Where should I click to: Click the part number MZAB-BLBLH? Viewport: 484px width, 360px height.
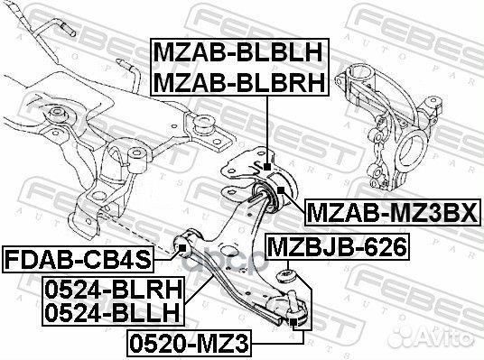click(x=237, y=52)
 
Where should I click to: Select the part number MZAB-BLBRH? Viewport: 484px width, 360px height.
click(x=239, y=82)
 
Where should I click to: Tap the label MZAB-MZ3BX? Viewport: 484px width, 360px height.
click(x=393, y=213)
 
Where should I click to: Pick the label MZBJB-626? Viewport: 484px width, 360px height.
click(x=337, y=247)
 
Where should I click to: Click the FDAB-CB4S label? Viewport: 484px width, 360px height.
click(x=78, y=260)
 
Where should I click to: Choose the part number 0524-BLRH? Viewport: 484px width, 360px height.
click(x=114, y=290)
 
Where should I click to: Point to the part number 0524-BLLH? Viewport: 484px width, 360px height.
click(x=112, y=312)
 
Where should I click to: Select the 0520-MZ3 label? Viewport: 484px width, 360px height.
click(x=189, y=344)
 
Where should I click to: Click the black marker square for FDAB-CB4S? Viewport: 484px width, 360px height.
click(x=182, y=247)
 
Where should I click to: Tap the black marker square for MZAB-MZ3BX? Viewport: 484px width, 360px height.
click(x=281, y=189)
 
